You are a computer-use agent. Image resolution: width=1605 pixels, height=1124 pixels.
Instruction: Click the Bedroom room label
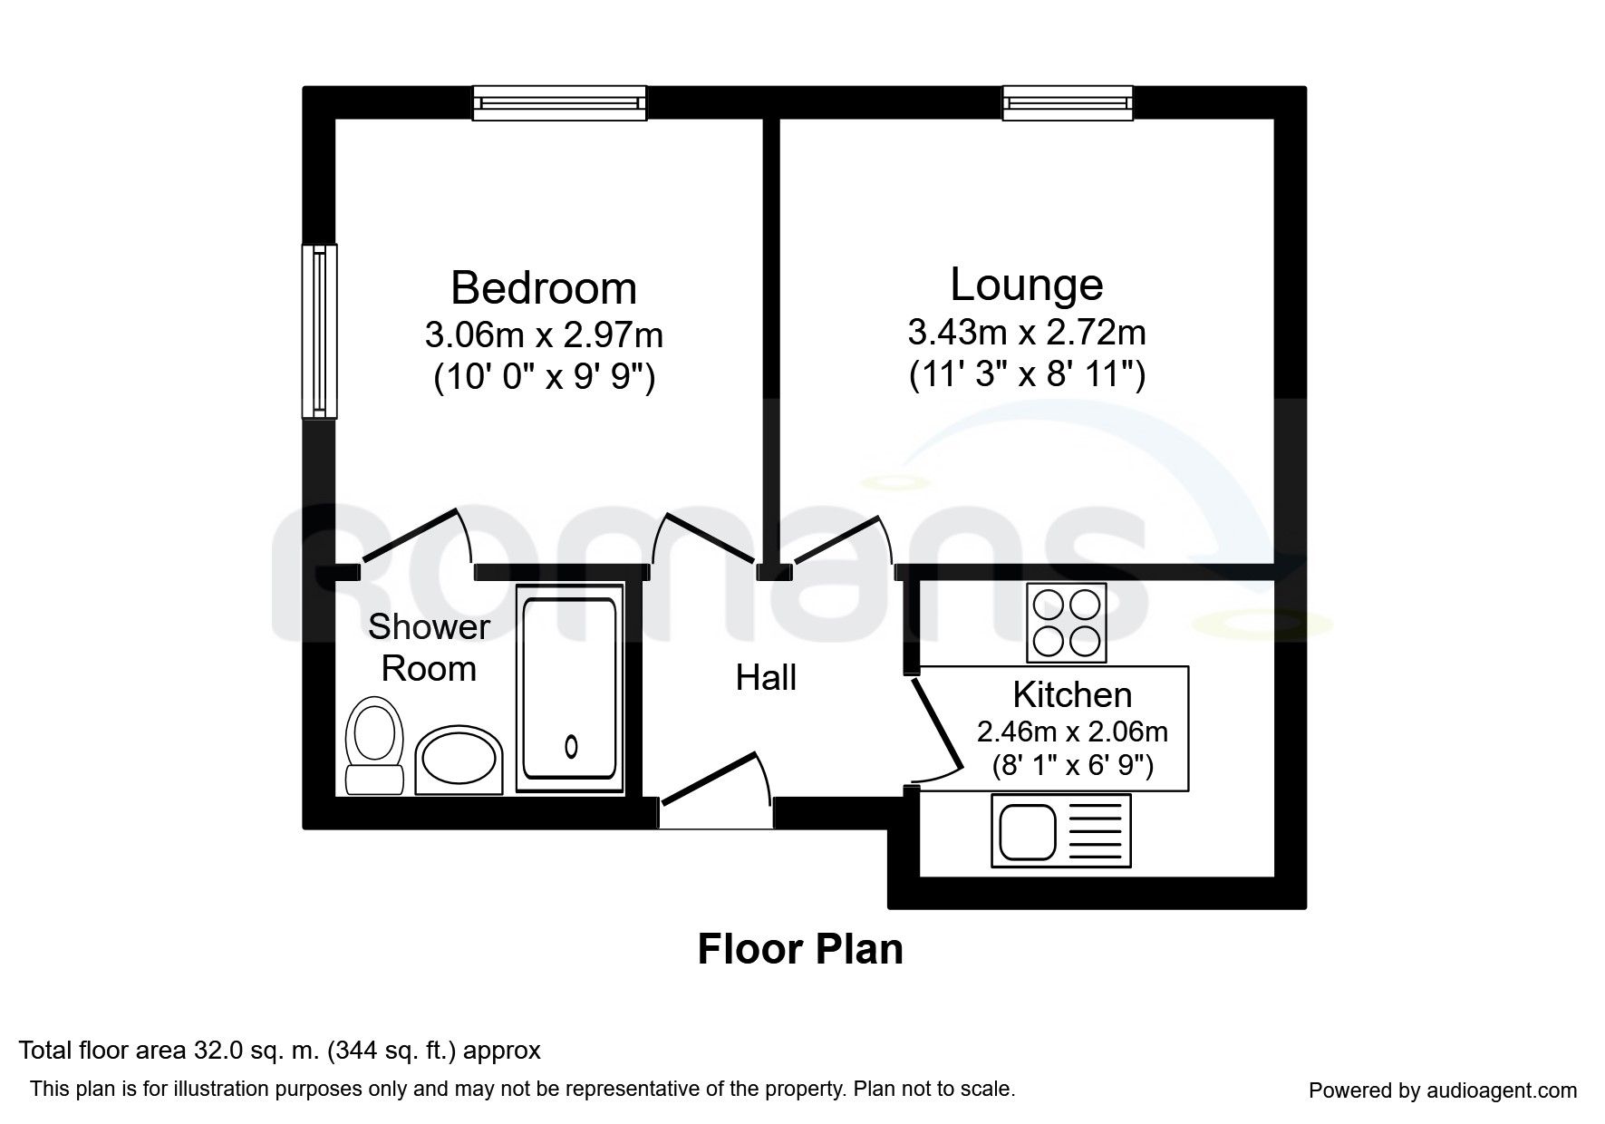pos(544,288)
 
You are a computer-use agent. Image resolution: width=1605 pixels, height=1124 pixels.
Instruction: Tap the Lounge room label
pos(1027,285)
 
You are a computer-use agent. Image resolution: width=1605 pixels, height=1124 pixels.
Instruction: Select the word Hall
pos(766,678)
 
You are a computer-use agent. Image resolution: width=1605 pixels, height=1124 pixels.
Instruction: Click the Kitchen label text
pos(1072,695)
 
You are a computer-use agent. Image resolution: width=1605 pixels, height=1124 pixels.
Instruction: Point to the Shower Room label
pos(429,647)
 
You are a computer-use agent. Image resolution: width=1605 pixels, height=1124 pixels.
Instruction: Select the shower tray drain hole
pos(571,746)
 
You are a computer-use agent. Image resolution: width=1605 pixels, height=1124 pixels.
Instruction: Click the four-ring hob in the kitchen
pos(1066,623)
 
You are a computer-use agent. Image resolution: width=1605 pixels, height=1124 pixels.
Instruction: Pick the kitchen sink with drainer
pos(1061,829)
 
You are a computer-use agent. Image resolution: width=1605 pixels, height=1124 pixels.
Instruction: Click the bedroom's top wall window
pos(560,102)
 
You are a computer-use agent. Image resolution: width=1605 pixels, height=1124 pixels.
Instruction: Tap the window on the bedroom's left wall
pos(319,331)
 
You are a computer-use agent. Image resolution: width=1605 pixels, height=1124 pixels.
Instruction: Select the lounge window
pos(1068,102)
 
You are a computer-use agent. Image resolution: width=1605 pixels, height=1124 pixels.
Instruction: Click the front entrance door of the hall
pos(716,782)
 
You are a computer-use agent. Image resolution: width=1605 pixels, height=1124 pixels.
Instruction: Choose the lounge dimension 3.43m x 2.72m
pos(1027,333)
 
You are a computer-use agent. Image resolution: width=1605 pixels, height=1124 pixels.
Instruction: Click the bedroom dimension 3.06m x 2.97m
pos(544,335)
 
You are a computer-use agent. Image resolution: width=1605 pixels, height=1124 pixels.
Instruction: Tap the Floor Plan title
pos(800,949)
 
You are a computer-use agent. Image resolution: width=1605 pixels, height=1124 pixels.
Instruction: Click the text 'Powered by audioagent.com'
pos(1443,1090)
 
